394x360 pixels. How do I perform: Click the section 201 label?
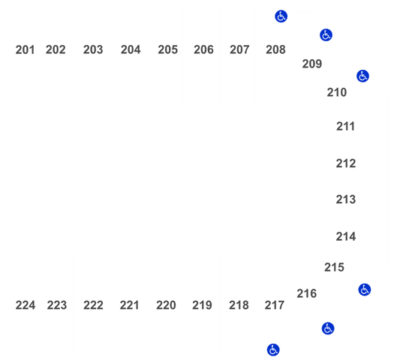[x=25, y=49]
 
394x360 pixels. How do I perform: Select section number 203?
[x=93, y=49]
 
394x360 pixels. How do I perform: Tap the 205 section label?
[x=168, y=49]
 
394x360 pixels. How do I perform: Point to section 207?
[x=239, y=49]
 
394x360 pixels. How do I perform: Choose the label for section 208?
[x=275, y=49]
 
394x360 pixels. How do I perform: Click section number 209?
[x=312, y=64]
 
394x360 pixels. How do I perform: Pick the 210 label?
[x=337, y=93]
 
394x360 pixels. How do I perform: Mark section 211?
[x=345, y=127]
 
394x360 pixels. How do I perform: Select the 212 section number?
[x=346, y=163]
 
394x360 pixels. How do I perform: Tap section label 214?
[x=346, y=237]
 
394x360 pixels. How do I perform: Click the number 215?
[x=334, y=268]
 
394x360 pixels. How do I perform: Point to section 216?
[x=307, y=294]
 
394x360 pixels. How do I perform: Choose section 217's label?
[x=275, y=305]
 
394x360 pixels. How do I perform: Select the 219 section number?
[x=203, y=305]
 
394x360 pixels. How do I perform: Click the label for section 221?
[x=129, y=305]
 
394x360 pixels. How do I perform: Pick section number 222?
[x=94, y=305]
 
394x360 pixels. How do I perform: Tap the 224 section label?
[x=26, y=305]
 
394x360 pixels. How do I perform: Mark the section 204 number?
[x=131, y=49]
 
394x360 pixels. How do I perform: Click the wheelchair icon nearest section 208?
[x=281, y=16]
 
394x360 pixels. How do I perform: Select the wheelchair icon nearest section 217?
[x=273, y=350]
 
